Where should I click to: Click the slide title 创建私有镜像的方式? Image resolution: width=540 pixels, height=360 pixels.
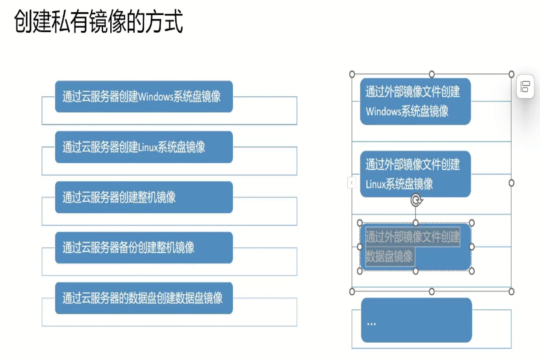pyautogui.click(x=98, y=22)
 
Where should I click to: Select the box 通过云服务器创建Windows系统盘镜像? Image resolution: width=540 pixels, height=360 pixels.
pyautogui.click(x=144, y=96)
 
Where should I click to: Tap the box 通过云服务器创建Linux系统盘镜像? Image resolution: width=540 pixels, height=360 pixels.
pyautogui.click(x=144, y=147)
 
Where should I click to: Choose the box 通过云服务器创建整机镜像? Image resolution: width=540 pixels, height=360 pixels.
pyautogui.click(x=144, y=197)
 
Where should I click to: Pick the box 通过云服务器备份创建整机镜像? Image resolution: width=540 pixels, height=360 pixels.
pyautogui.click(x=144, y=247)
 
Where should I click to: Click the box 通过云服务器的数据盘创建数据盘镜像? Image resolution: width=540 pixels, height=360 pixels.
pyautogui.click(x=144, y=298)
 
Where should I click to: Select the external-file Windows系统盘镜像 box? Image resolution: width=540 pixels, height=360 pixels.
pyautogui.click(x=415, y=101)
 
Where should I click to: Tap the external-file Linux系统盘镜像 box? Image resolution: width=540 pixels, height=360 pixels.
pyautogui.click(x=415, y=174)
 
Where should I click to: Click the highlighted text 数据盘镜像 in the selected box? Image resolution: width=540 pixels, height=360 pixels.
pyautogui.click(x=389, y=256)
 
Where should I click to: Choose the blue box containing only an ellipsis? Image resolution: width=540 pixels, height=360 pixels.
pyautogui.click(x=416, y=320)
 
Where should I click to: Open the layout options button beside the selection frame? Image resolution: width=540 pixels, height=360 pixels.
pyautogui.click(x=525, y=86)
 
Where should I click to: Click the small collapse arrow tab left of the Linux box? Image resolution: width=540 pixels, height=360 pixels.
pyautogui.click(x=351, y=182)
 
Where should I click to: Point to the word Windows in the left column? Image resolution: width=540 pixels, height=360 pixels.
pyautogui.click(x=155, y=97)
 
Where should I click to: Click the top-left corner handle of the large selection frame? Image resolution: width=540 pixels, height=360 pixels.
pyautogui.click(x=352, y=74)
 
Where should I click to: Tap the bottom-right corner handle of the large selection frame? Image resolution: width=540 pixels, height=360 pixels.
pyautogui.click(x=511, y=292)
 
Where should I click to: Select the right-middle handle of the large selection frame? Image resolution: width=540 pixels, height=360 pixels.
pyautogui.click(x=511, y=183)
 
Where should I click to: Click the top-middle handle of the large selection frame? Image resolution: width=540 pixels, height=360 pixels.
pyautogui.click(x=432, y=74)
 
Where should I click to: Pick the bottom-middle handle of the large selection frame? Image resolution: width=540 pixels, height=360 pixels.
pyautogui.click(x=432, y=292)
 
